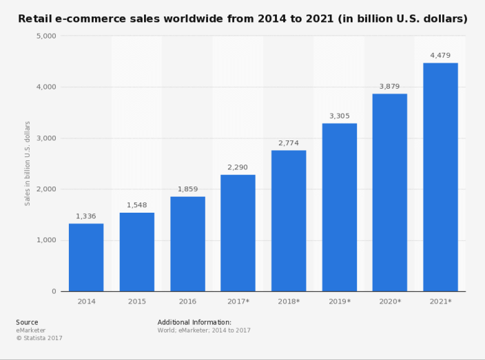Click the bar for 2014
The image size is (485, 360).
[86, 257]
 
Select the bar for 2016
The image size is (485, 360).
[187, 244]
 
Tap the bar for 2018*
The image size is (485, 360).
[289, 220]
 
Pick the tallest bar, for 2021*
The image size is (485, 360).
[440, 177]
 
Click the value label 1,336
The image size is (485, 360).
[86, 216]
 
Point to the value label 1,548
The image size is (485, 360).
[136, 205]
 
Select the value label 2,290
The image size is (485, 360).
[238, 167]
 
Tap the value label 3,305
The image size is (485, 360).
[339, 116]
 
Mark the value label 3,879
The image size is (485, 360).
[390, 86]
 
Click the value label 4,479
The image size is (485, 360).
[440, 56]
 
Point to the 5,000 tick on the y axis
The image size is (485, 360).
[45, 36]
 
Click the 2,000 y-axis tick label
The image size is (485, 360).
[45, 189]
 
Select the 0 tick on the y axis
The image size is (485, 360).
[54, 291]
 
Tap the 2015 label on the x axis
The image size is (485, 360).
[136, 301]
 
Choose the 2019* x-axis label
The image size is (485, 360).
[339, 301]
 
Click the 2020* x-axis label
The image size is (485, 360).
[390, 301]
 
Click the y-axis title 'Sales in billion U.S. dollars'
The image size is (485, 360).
[28, 163]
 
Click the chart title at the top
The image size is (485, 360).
[242, 18]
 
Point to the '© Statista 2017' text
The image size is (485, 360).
[39, 338]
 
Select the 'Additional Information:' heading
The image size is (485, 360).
[194, 322]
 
